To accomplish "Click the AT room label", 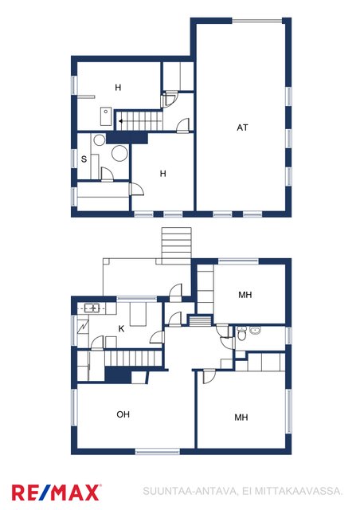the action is coord(242,127).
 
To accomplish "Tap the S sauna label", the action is coord(84,159).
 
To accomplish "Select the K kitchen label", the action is coord(121,329).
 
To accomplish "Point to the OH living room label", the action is coord(123,414).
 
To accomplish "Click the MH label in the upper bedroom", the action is coord(245,295).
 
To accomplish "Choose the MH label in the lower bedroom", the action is coord(241,418).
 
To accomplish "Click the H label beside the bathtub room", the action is coord(118,87).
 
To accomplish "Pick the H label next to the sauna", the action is coord(163,174).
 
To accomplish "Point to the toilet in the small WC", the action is coord(241,334).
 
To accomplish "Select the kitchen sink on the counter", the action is coord(92,308).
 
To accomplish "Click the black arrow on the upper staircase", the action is coord(120,121).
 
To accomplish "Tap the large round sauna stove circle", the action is coord(119,153).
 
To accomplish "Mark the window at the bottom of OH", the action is coord(158,452).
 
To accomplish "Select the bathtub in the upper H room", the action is coord(106,116).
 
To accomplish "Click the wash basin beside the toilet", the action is coord(256,331).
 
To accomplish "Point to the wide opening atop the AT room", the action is coord(257,22).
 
